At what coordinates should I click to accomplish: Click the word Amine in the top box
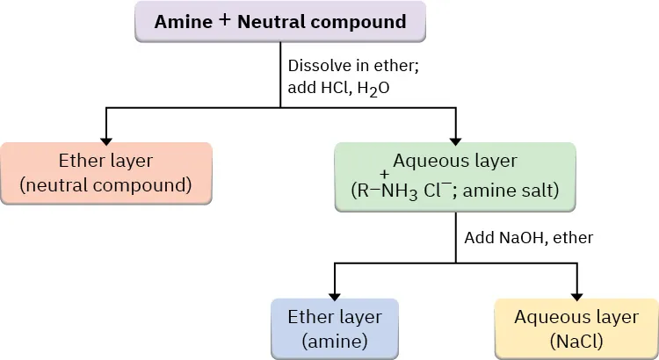point(183,22)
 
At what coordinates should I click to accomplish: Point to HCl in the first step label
point(334,89)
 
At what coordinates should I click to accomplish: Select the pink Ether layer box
point(105,173)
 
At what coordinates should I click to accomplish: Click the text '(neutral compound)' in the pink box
point(105,185)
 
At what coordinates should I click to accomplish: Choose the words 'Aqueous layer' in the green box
point(455,161)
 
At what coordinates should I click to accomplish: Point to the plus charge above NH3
point(385,173)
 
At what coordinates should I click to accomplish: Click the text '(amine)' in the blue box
point(334,341)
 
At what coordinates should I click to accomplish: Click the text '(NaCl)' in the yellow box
point(576,341)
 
